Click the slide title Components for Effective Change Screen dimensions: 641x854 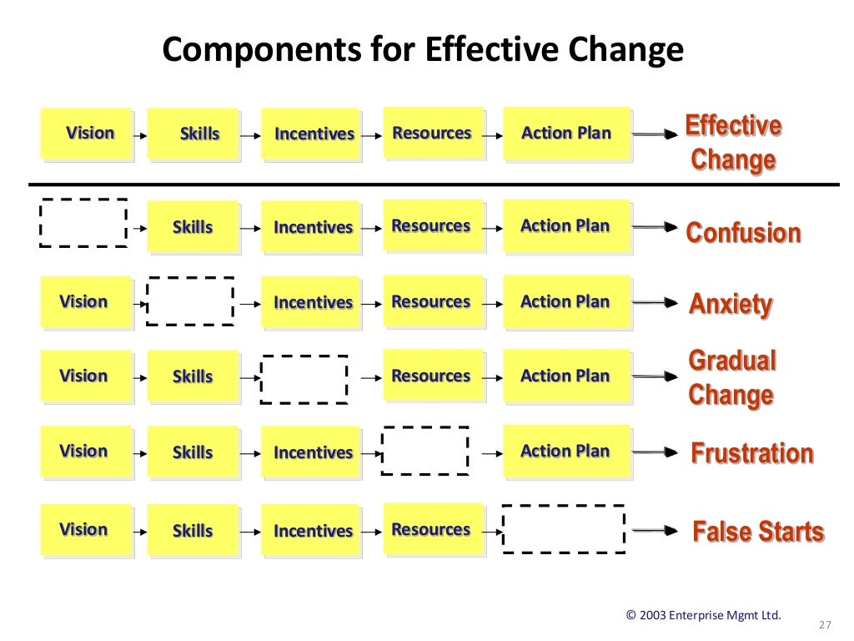(423, 50)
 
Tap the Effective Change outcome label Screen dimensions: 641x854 (733, 142)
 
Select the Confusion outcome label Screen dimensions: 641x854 (743, 233)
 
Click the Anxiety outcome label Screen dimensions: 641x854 (731, 304)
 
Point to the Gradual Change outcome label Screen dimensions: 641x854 (731, 378)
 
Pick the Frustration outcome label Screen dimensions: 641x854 (751, 453)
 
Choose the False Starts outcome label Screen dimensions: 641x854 (758, 532)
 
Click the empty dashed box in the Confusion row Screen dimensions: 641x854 (83, 223)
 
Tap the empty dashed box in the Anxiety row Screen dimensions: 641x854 (190, 300)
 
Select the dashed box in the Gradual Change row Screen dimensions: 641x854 (304, 379)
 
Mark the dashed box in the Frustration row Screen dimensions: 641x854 (425, 452)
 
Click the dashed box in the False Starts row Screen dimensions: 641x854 (564, 529)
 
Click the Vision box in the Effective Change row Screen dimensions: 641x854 (87, 134)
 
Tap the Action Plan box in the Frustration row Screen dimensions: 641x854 (566, 452)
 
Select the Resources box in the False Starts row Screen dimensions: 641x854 (433, 529)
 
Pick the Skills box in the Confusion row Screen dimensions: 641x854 (193, 227)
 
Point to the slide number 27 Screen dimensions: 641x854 (826, 625)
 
